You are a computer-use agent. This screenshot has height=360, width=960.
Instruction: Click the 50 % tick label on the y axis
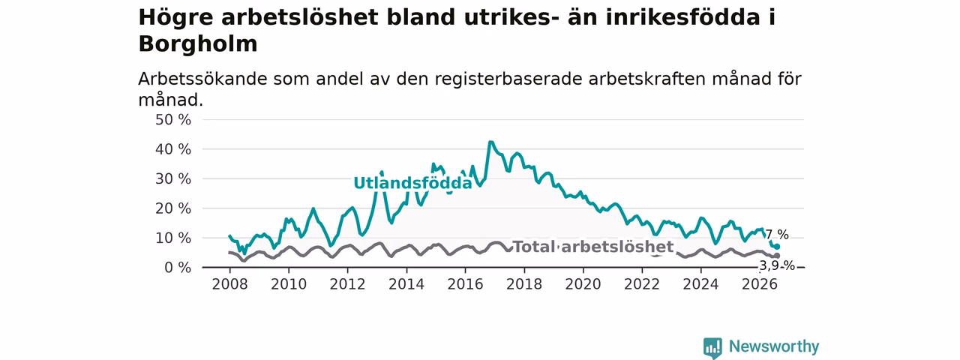coord(173,119)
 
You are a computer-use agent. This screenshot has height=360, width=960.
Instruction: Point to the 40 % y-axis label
coord(173,149)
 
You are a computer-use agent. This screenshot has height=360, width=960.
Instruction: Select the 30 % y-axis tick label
coord(173,178)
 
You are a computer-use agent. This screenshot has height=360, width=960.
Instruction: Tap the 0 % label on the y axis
coord(178,268)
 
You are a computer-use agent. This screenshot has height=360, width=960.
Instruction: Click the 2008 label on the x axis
coord(229,284)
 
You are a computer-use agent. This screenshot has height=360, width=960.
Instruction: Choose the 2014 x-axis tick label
coord(406,284)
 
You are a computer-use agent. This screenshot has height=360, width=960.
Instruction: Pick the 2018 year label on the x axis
coord(524,284)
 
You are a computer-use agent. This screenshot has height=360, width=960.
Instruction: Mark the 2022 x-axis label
coord(642,284)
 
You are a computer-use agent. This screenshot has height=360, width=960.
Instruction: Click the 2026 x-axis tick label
coord(760,284)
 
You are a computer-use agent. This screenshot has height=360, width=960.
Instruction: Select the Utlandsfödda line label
coord(412,183)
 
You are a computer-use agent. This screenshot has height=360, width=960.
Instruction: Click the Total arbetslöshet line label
coord(593,247)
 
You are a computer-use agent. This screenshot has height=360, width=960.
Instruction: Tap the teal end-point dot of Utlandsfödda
coord(777,247)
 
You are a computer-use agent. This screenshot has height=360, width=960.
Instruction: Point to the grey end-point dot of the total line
coord(777,256)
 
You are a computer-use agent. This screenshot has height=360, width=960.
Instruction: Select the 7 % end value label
coord(777,235)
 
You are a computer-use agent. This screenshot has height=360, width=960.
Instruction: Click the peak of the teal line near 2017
coord(490,142)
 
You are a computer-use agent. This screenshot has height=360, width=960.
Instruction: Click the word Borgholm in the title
coord(198,43)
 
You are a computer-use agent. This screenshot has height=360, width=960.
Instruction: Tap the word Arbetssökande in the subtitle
coord(203,79)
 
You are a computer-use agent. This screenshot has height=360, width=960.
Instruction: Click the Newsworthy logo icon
coord(712,348)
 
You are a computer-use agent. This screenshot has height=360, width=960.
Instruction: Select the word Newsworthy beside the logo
coord(774,346)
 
